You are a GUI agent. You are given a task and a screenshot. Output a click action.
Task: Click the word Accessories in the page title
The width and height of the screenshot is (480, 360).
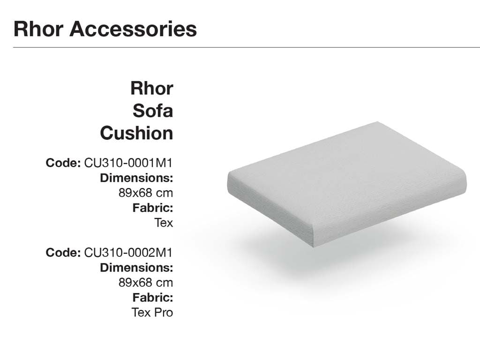click(133, 29)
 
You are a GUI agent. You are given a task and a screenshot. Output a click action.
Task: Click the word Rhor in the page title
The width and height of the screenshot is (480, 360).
click(38, 29)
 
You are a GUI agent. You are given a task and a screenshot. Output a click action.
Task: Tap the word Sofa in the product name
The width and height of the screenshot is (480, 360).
click(153, 111)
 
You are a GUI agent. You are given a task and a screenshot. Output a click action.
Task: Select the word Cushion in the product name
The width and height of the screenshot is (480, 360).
click(136, 133)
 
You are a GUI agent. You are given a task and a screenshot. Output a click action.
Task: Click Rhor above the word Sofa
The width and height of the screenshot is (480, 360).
click(152, 88)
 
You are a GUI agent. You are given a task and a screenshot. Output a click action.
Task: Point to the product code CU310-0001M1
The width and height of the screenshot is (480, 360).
click(128, 163)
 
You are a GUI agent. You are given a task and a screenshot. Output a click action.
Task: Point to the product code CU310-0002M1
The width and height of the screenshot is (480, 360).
click(128, 253)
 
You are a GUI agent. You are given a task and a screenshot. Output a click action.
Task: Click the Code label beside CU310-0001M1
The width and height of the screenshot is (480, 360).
click(63, 163)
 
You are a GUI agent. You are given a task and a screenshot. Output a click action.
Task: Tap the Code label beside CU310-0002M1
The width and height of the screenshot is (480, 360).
click(63, 253)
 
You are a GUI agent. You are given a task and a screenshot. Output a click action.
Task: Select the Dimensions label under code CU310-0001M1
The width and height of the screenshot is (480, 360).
click(136, 178)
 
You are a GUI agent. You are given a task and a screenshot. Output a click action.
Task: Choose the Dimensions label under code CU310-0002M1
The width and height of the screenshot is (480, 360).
click(136, 268)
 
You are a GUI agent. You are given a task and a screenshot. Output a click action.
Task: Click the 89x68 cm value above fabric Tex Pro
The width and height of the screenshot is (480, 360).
click(146, 283)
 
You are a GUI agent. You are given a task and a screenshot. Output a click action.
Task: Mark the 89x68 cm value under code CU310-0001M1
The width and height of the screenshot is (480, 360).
click(146, 193)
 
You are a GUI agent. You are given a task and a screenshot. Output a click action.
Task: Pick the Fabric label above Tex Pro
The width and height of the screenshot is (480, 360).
click(153, 298)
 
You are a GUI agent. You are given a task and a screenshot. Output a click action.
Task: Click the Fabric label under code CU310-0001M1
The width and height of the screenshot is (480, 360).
click(153, 208)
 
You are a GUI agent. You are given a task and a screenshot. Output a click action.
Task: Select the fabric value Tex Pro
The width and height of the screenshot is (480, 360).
click(152, 313)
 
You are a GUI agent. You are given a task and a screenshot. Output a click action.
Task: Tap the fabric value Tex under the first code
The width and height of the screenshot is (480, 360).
click(164, 223)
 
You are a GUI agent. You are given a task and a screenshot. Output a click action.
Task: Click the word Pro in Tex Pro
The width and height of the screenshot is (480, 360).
click(164, 313)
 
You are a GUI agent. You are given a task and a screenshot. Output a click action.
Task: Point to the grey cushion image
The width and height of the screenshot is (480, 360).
click(347, 184)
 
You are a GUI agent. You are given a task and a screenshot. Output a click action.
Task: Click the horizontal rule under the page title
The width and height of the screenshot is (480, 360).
click(247, 47)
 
